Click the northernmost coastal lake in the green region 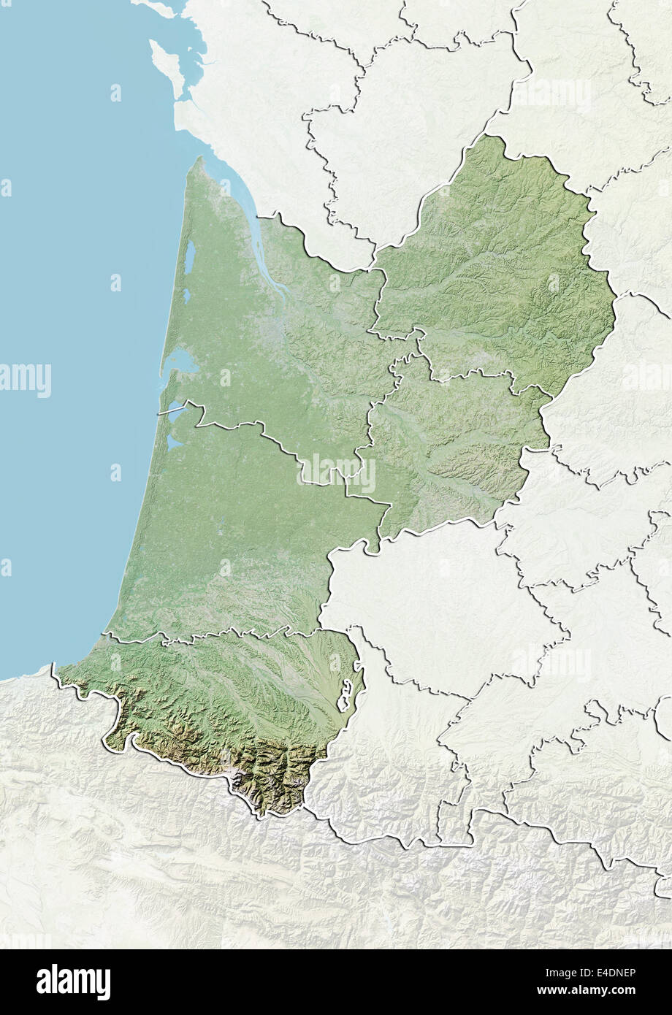[x=189, y=255]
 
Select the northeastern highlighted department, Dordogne [x=497, y=263]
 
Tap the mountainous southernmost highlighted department [x=219, y=701]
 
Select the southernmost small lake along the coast [x=173, y=443]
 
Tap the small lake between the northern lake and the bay [x=187, y=295]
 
